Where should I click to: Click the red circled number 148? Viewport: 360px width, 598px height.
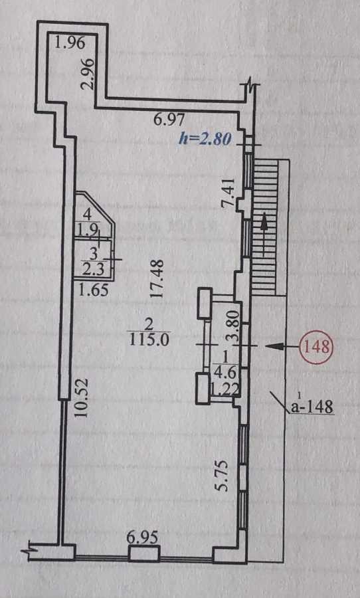coord(317,347)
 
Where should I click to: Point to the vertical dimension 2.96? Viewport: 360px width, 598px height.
coord(88,73)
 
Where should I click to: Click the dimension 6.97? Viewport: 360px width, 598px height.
coord(169,121)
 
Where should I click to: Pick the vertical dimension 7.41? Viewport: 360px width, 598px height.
coord(228,193)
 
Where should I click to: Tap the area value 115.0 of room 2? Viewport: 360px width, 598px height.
coord(148,340)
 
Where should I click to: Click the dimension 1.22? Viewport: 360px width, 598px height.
coord(225,389)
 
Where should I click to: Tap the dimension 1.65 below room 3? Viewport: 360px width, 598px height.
coord(93,290)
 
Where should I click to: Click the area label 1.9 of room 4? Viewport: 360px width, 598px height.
coord(88,230)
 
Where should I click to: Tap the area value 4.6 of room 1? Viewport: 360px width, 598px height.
coord(225,371)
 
